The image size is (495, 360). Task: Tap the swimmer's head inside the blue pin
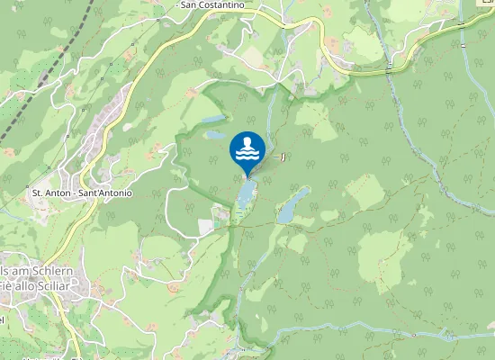pos(247,141)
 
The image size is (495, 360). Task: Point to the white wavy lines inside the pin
pos(247,156)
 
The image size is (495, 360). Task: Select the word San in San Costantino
pos(189,5)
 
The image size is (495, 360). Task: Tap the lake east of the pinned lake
pos(292,205)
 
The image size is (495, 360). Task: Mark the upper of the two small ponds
pos(212,119)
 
